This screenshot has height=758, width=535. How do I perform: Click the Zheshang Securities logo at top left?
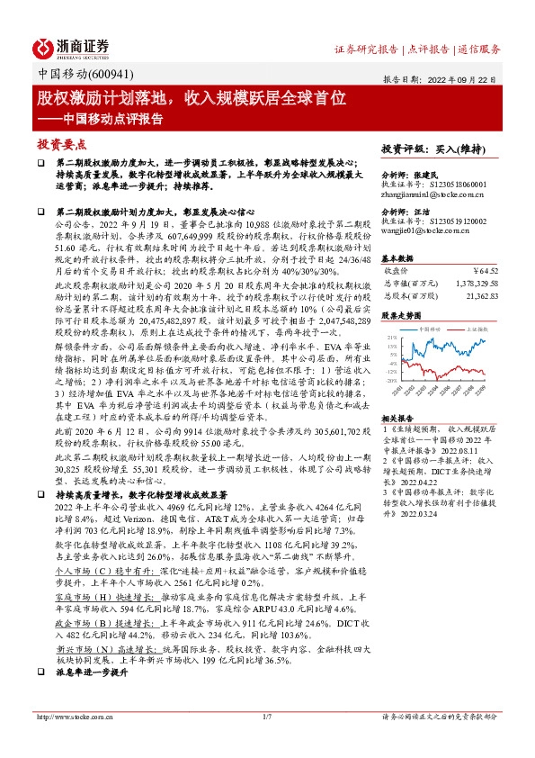pos(71,47)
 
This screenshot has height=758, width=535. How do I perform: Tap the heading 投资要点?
pos(61,144)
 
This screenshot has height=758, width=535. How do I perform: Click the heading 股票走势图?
pos(401,316)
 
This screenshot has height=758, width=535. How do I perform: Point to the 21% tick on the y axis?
pos(391,338)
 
